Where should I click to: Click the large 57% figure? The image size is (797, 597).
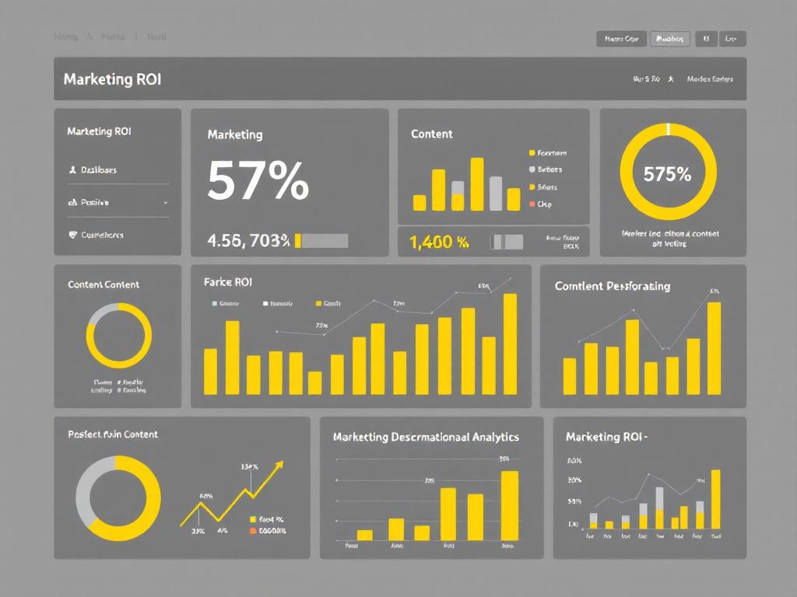click(258, 181)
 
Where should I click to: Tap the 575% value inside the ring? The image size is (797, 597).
click(667, 175)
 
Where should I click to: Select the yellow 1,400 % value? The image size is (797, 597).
click(438, 243)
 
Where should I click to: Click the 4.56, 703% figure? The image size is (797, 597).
click(248, 241)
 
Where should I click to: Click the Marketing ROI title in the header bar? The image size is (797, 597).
click(112, 79)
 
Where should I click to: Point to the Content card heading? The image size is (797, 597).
click(431, 134)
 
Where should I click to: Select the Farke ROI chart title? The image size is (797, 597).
click(227, 282)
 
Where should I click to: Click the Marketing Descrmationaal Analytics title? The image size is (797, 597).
click(426, 437)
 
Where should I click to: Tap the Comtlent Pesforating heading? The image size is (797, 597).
click(612, 286)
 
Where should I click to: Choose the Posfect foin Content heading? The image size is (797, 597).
click(113, 435)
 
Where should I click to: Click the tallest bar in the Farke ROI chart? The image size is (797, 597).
click(510, 344)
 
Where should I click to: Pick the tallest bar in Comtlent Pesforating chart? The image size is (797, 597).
click(714, 348)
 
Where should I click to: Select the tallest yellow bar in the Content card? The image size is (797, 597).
click(477, 184)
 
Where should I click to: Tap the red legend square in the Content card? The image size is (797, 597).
click(532, 204)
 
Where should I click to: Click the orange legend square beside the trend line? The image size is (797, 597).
click(252, 531)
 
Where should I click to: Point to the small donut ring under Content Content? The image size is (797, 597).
click(118, 336)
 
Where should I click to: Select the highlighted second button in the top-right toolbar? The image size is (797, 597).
click(669, 38)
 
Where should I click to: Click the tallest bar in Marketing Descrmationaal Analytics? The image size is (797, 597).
click(509, 505)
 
